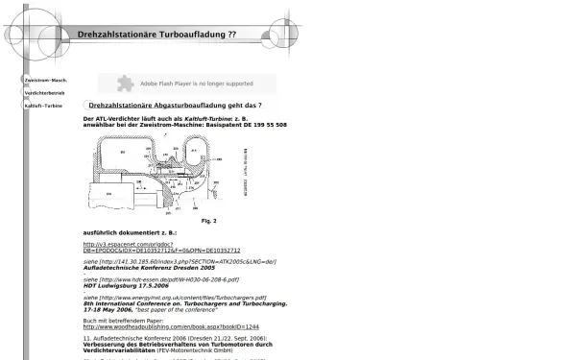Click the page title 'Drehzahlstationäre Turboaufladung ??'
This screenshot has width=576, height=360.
click(156, 34)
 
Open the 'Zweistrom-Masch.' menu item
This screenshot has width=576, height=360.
click(45, 80)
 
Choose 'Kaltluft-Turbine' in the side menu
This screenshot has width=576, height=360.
click(43, 105)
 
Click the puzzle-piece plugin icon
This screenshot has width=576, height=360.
click(125, 84)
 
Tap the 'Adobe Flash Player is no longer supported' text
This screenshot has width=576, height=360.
click(197, 84)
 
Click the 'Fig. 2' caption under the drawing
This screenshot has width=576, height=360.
click(208, 221)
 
